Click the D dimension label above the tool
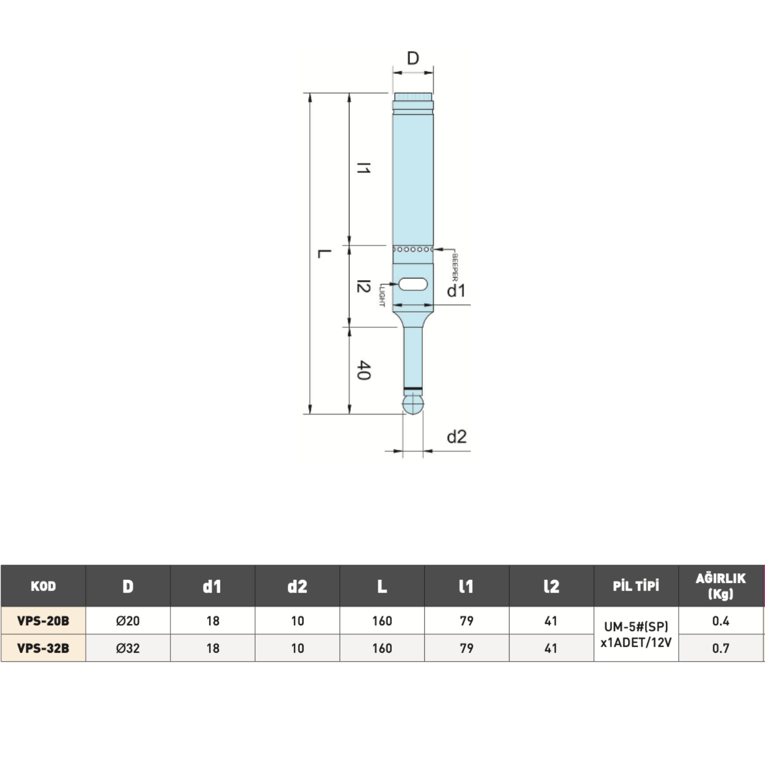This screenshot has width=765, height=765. [x=413, y=58]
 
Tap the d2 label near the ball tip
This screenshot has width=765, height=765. [x=456, y=437]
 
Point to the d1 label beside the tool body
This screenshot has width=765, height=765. [x=456, y=291]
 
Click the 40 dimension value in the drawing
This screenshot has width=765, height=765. [x=363, y=370]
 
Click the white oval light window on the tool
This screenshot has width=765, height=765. [x=413, y=284]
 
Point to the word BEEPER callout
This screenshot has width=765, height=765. [x=455, y=268]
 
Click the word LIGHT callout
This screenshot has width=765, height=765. [x=382, y=295]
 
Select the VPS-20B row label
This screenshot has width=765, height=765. [x=43, y=621]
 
